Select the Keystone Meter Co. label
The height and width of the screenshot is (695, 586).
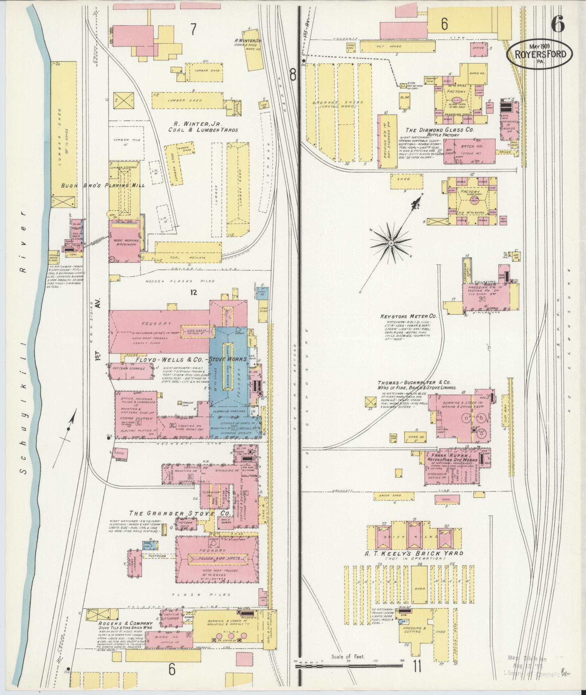tap(408, 316)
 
